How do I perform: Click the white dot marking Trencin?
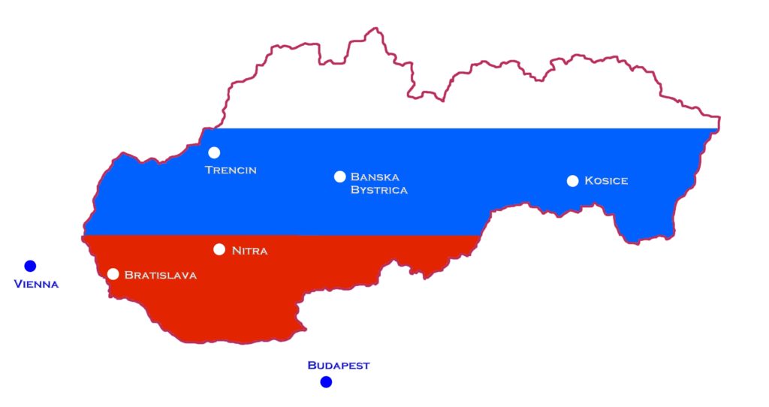(x=214, y=152)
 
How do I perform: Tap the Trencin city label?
(x=231, y=170)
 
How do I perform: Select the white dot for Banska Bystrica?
(x=339, y=176)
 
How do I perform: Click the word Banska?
(x=375, y=176)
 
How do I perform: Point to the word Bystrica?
(x=379, y=190)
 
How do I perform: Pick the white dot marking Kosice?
(x=572, y=180)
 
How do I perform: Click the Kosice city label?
(x=606, y=180)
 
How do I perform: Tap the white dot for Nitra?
(x=219, y=249)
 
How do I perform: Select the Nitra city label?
(x=249, y=250)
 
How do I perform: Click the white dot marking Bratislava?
(x=113, y=274)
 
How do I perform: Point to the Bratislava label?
(x=161, y=275)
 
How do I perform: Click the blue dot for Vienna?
(x=30, y=266)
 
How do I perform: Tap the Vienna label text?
(x=36, y=284)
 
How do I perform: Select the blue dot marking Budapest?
(x=326, y=382)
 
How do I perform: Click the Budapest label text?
(x=339, y=366)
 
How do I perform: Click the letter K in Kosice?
(x=589, y=180)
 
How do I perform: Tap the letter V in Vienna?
(x=19, y=284)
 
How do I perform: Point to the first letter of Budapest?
(x=312, y=366)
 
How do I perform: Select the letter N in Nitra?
(x=236, y=250)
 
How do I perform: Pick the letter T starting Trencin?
(x=210, y=170)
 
